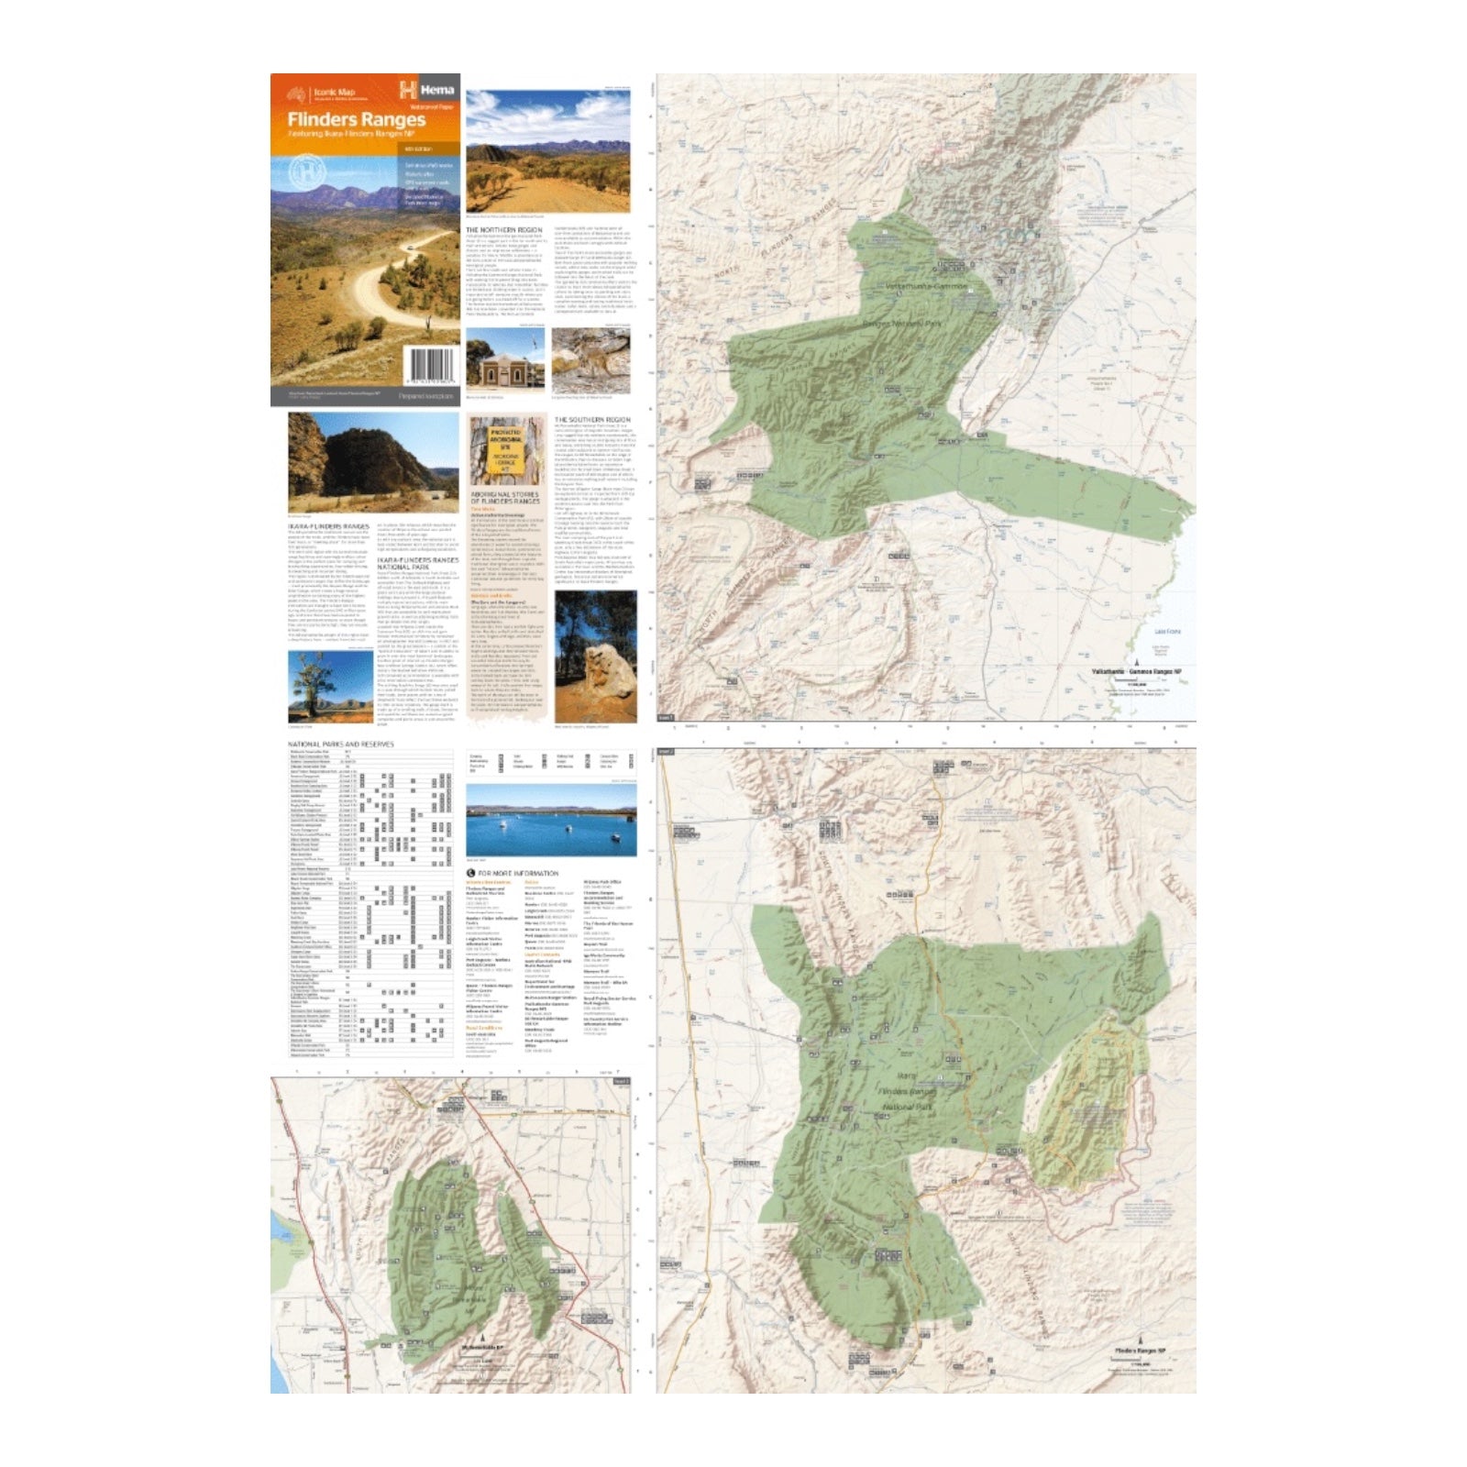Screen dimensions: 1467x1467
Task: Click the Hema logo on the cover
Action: (x=426, y=90)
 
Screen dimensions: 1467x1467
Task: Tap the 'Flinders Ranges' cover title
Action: (x=356, y=119)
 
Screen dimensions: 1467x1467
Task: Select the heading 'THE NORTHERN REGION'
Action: (x=503, y=230)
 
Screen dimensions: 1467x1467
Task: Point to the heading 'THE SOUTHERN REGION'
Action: (x=592, y=420)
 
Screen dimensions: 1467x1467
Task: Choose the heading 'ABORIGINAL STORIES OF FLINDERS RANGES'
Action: (x=504, y=498)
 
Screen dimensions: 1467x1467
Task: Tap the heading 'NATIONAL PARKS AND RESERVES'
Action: (x=340, y=745)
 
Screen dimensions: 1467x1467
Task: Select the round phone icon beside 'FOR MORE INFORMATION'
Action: (x=471, y=873)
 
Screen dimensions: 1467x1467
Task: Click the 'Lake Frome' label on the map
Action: (x=1167, y=632)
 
